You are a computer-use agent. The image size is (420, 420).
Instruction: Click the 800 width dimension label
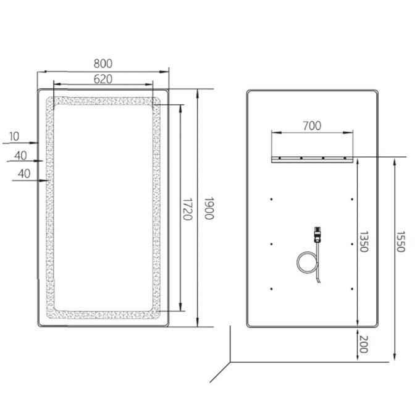[x=103, y=64]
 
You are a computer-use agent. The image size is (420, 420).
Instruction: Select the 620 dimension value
[x=103, y=79]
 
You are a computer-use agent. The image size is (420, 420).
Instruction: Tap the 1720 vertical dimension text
[x=187, y=209]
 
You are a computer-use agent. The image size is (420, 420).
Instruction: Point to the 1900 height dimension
[x=209, y=208]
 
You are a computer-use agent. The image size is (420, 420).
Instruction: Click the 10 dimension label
[x=14, y=136]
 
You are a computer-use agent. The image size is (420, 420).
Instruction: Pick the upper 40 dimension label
[x=20, y=156]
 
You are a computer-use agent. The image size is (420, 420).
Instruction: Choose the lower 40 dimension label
[x=24, y=174]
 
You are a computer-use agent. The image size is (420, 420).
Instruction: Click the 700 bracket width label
[x=312, y=126]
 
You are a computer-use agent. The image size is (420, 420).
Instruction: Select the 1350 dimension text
[x=363, y=242]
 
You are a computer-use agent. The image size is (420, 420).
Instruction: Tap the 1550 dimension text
[x=400, y=242]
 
